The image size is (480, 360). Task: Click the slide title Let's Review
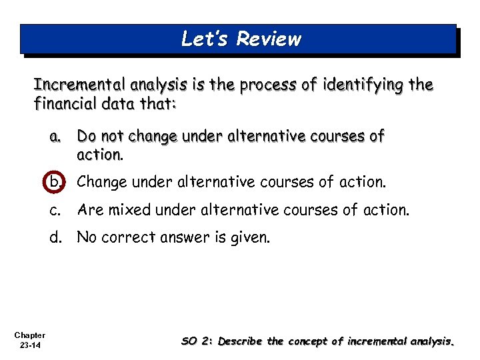point(241,39)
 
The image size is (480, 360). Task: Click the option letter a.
point(55,137)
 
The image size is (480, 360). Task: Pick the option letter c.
point(55,210)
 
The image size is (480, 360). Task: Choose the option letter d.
point(55,237)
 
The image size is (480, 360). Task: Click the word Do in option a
point(87,137)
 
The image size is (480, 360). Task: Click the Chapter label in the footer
point(29,335)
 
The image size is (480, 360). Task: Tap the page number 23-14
point(29,345)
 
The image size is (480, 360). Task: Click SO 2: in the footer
point(198,341)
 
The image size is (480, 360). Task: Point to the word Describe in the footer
point(241,341)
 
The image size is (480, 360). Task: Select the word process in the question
point(257,86)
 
